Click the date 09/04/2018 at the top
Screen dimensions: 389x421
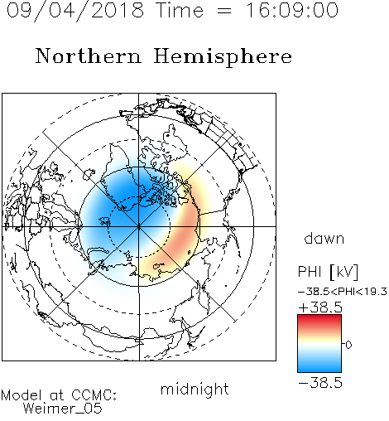(x=75, y=11)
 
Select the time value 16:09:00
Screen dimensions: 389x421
(x=292, y=11)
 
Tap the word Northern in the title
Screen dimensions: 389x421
(x=89, y=56)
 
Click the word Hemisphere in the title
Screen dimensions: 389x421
(x=223, y=57)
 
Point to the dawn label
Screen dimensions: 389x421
(x=324, y=239)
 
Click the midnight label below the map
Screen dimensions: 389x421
(x=194, y=389)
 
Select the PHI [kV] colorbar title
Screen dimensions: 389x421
(x=328, y=272)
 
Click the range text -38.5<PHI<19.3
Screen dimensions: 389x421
(x=343, y=292)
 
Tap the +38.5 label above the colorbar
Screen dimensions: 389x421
(x=320, y=307)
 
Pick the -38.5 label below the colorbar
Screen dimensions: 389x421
(x=320, y=383)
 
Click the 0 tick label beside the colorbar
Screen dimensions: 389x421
(x=348, y=345)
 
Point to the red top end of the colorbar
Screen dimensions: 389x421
(x=319, y=318)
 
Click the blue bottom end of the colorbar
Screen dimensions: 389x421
(x=319, y=369)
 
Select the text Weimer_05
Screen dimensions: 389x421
(x=63, y=409)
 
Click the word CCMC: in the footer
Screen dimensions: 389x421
(x=94, y=395)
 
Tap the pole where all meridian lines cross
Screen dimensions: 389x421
(x=139, y=227)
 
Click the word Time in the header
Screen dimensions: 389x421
(x=180, y=11)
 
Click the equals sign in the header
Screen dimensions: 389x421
(x=224, y=12)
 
